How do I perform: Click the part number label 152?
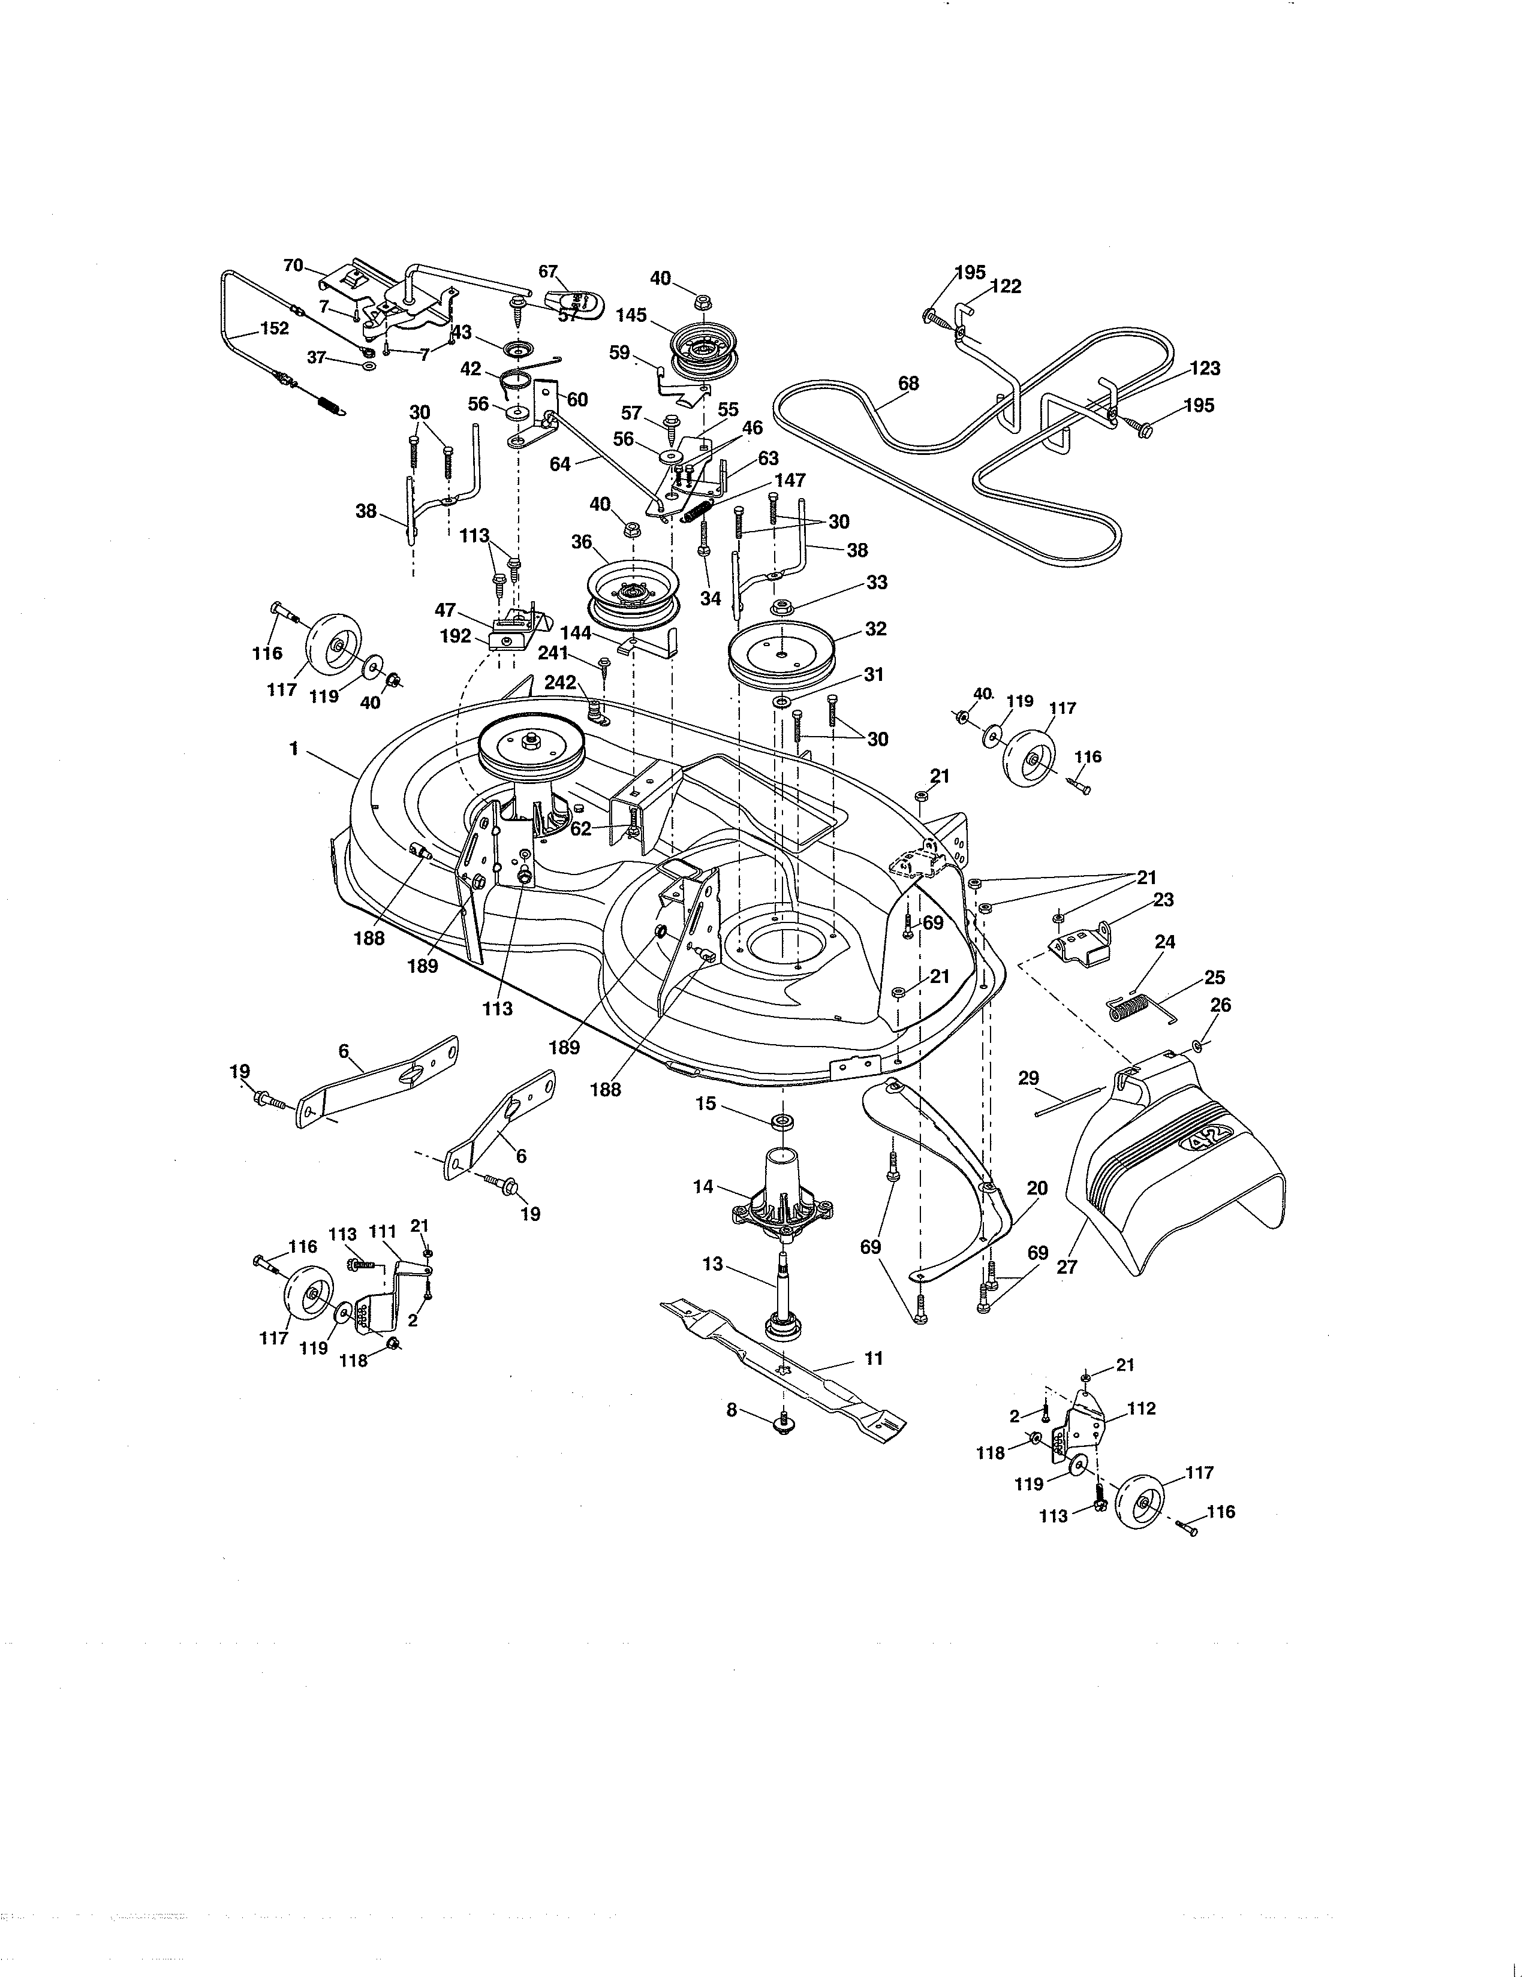tap(275, 328)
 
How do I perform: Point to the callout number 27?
tap(1067, 1267)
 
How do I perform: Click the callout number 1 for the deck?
tap(293, 750)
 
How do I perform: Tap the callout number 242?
tap(560, 682)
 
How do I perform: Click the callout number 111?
tap(383, 1232)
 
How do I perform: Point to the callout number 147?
tap(790, 480)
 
